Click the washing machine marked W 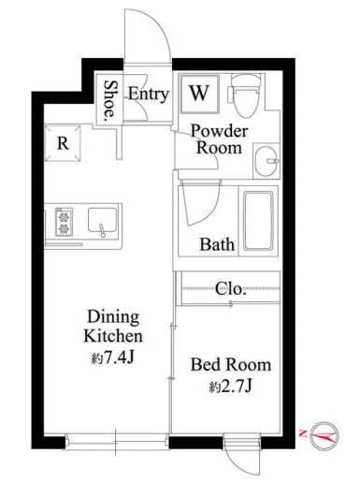(199, 93)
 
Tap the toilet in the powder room (245, 95)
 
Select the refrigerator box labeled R (63, 143)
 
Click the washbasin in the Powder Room (266, 161)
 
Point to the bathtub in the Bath (258, 221)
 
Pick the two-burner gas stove (64, 221)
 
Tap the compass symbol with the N (324, 436)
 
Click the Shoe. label (109, 100)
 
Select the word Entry (149, 94)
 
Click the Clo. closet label (231, 289)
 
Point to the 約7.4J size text (113, 358)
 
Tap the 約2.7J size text (231, 387)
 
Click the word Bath (217, 244)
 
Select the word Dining (113, 317)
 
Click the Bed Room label (231, 365)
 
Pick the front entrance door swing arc (161, 25)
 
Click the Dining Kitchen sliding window (116, 442)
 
